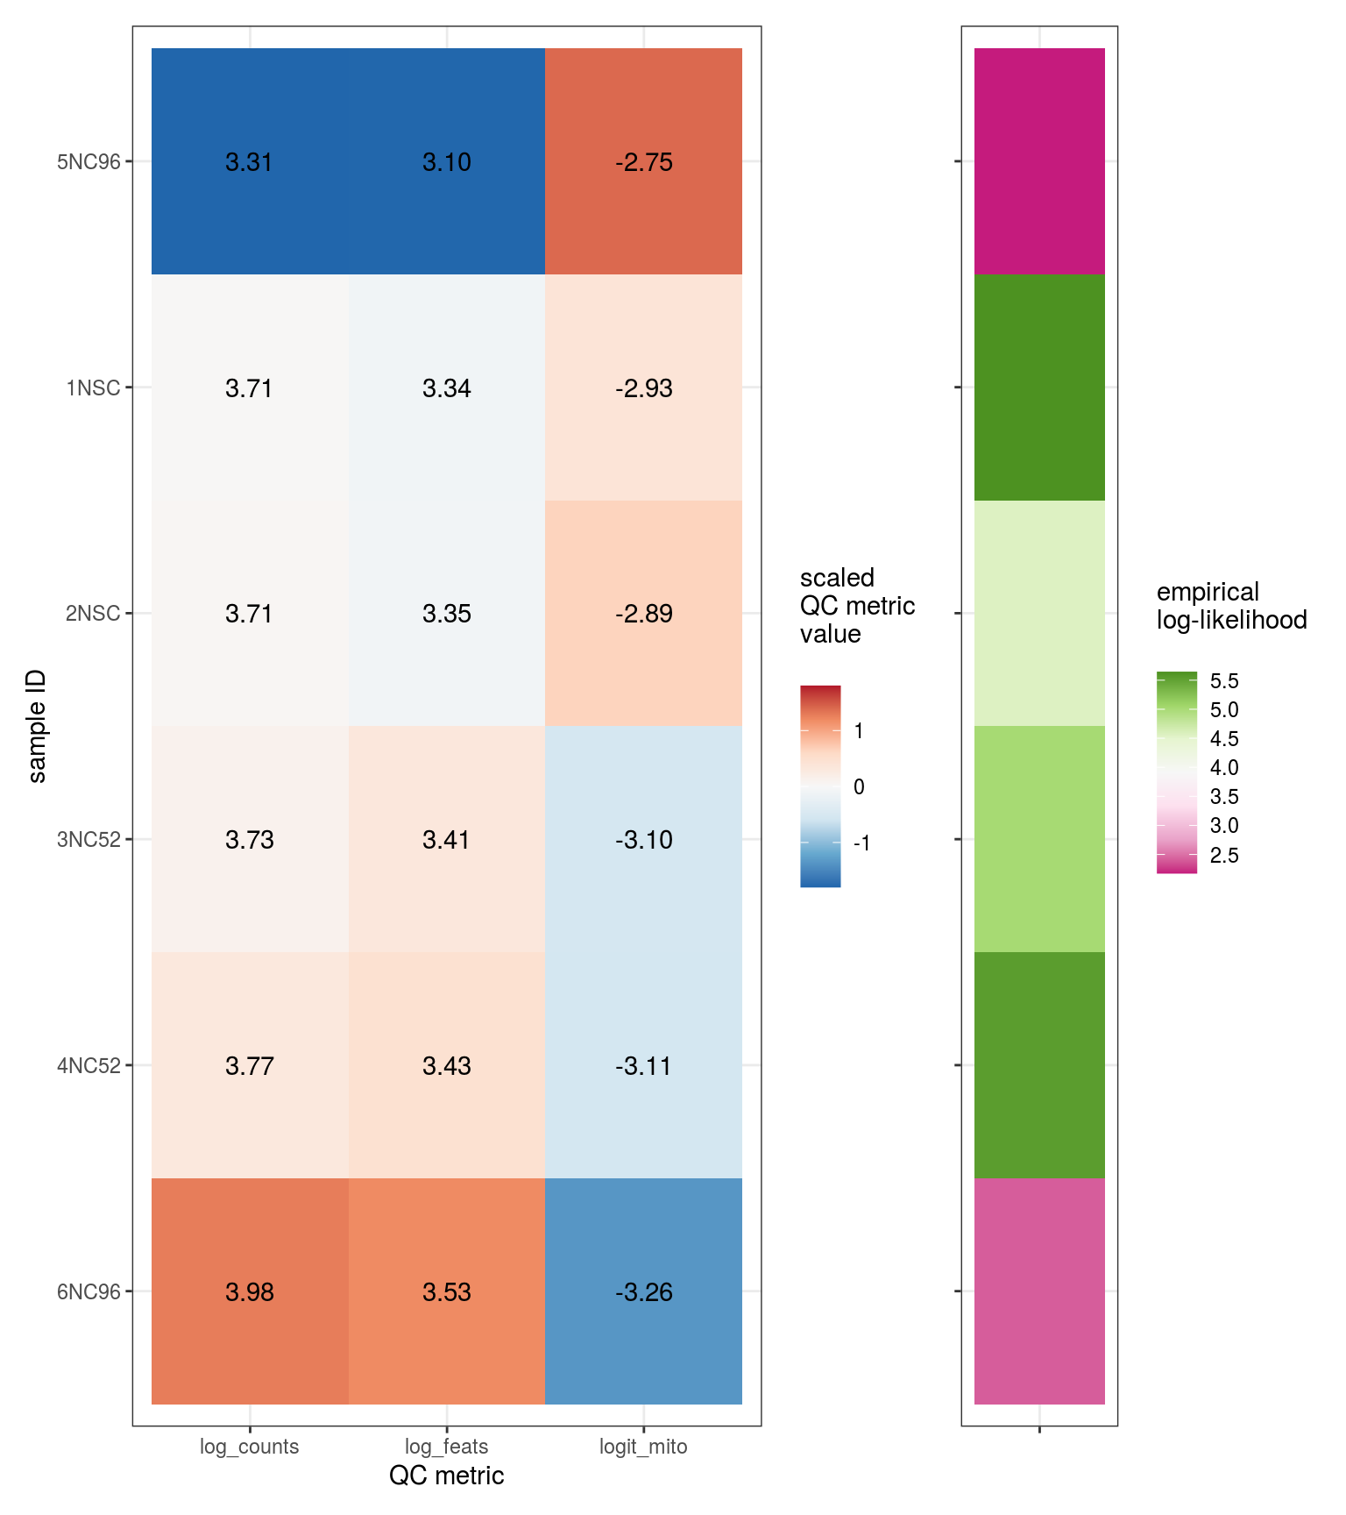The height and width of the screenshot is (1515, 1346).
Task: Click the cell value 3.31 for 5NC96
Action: click(x=250, y=162)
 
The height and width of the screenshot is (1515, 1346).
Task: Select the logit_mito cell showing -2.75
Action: click(x=643, y=162)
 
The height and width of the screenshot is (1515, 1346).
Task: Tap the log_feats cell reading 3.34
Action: click(x=447, y=388)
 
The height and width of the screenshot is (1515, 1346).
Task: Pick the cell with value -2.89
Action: click(x=643, y=614)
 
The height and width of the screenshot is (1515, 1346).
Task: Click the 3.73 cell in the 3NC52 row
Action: click(x=250, y=840)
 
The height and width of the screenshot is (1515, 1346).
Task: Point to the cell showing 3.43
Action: click(x=447, y=1066)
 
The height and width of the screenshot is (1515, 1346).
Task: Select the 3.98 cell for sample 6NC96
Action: click(x=250, y=1292)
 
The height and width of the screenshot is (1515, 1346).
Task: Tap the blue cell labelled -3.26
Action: click(x=643, y=1292)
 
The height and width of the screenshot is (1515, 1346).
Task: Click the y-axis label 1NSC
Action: click(x=93, y=388)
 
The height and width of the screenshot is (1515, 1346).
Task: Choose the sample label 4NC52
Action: click(x=89, y=1066)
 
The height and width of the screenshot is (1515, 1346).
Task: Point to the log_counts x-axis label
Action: click(x=250, y=1447)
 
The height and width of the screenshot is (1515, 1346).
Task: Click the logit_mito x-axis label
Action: click(x=643, y=1447)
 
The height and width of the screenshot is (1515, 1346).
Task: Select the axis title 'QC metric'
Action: click(x=447, y=1476)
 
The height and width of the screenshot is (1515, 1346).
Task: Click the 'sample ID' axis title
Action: click(x=37, y=726)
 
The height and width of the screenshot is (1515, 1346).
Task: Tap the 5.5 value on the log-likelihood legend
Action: click(x=1224, y=681)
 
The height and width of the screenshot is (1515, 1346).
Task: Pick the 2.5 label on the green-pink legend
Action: click(x=1224, y=856)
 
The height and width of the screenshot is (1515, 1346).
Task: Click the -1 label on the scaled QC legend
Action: click(x=862, y=843)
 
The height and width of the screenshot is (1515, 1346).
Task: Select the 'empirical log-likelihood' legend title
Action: click(x=1231, y=606)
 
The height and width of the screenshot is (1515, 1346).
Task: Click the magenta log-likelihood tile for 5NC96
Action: click(x=1039, y=162)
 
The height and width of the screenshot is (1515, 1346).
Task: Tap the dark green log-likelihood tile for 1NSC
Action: click(x=1039, y=388)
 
